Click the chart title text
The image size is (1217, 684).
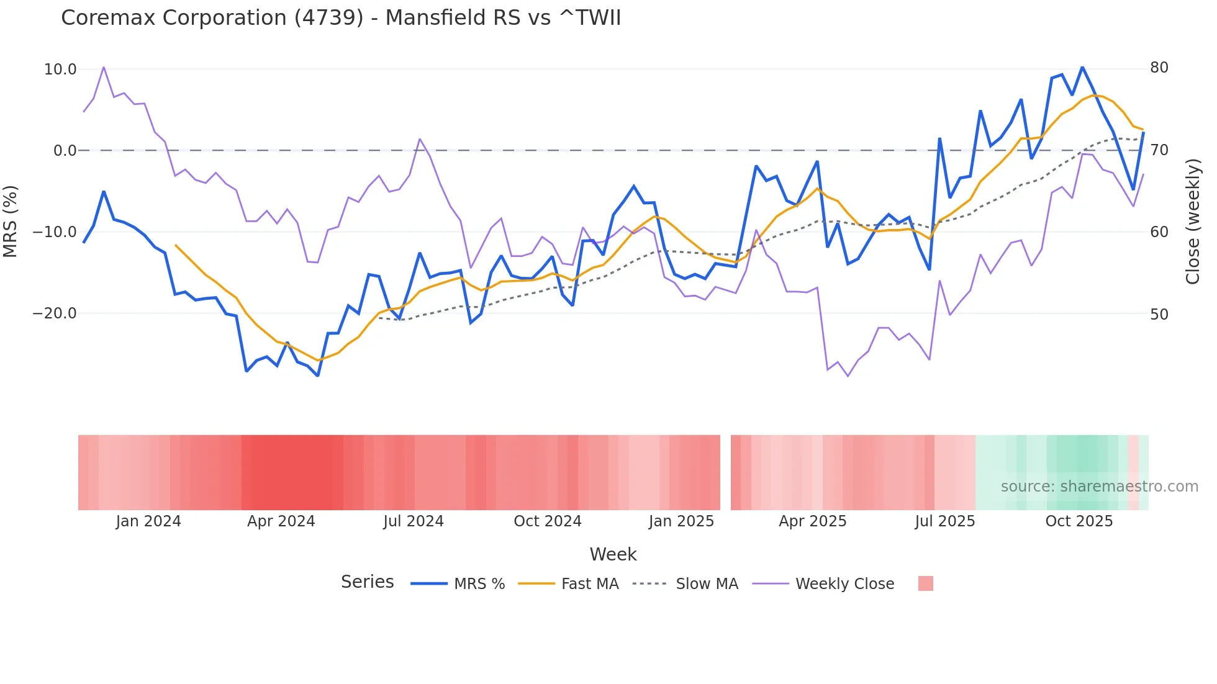[341, 17]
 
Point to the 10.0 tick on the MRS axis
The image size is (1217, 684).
[60, 70]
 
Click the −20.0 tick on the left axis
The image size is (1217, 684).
[55, 313]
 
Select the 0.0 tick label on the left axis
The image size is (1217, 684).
[65, 151]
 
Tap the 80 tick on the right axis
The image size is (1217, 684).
[1159, 68]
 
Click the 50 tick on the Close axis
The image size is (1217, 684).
[1159, 315]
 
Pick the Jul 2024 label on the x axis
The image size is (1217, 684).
[413, 521]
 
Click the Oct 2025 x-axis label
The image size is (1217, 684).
[1079, 521]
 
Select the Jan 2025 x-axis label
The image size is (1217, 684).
[681, 521]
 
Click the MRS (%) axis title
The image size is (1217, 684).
[11, 222]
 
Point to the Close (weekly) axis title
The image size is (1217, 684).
[1192, 222]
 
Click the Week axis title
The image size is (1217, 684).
[613, 554]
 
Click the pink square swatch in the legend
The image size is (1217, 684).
[925, 583]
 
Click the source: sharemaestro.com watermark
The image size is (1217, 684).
[1099, 487]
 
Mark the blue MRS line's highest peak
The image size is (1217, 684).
[1082, 67]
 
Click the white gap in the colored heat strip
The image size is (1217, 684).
[725, 472]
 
